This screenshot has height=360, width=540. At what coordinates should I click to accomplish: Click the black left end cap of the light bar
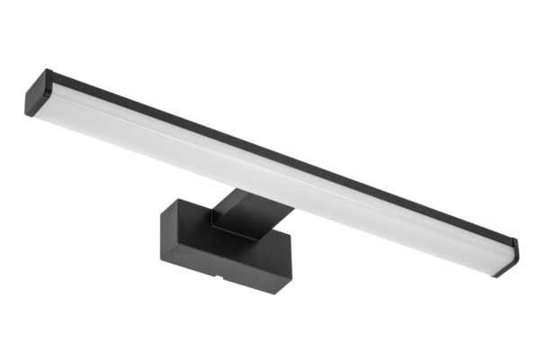coord(34,94)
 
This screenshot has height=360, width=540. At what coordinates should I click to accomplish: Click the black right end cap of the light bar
coord(506,257)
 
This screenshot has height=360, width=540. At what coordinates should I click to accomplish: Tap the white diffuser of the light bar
coord(270,180)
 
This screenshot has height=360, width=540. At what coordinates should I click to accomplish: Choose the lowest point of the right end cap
coord(496,275)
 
